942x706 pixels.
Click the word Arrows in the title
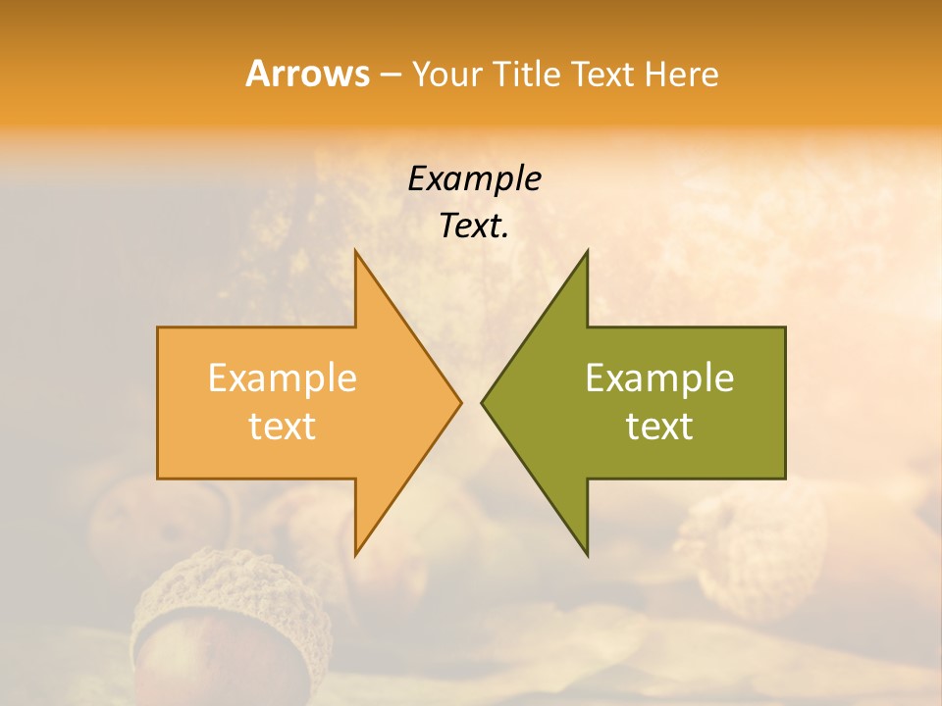coord(307,74)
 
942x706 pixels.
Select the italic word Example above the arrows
coord(474,179)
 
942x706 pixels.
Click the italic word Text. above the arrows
coord(472,227)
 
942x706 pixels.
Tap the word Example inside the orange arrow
coord(283,378)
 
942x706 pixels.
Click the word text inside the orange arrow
coord(283,427)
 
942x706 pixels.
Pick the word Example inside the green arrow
coord(659,378)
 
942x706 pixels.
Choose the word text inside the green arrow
coord(659,427)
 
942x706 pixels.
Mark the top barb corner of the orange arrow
coord(356,252)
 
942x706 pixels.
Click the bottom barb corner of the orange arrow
coord(356,554)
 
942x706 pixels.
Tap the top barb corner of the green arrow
coord(587,252)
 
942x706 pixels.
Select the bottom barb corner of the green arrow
coord(587,554)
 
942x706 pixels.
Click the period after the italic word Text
coord(505,235)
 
